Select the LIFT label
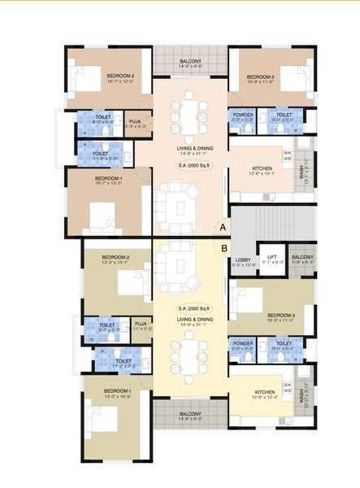(x=273, y=258)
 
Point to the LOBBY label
(x=242, y=260)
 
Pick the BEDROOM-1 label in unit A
(x=108, y=178)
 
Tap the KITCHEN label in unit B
(x=264, y=394)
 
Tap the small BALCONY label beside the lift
(x=302, y=258)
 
